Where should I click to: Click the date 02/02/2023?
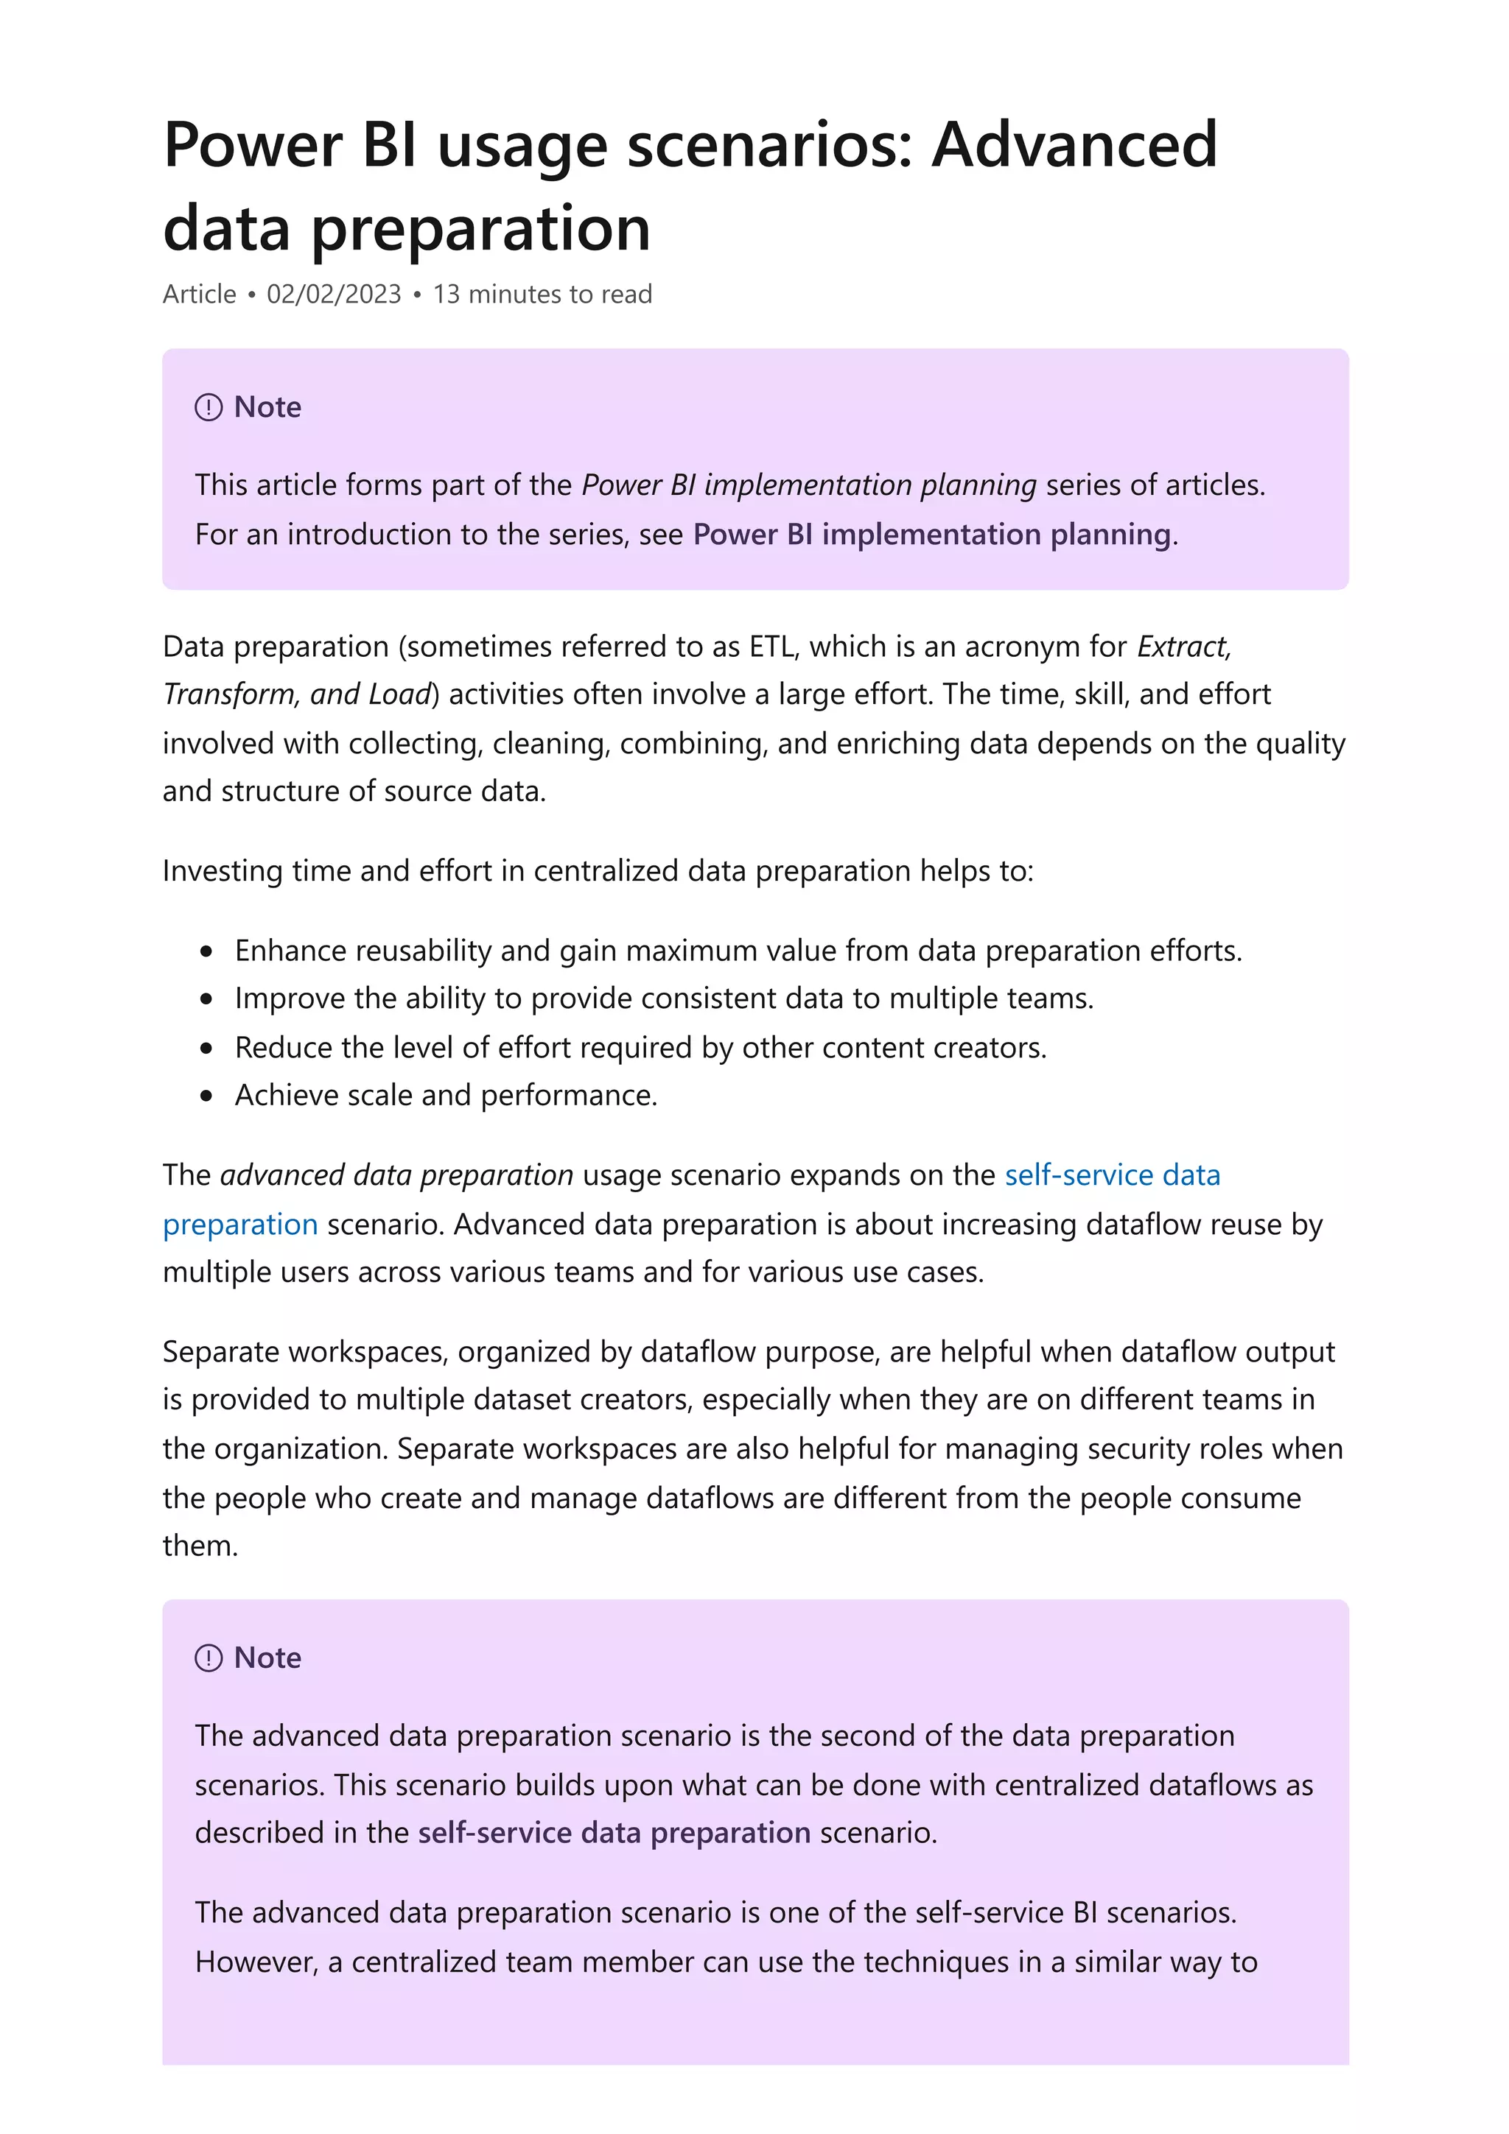click(334, 294)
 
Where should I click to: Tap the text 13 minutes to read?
click(542, 294)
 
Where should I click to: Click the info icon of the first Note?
click(209, 407)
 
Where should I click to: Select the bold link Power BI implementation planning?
click(931, 535)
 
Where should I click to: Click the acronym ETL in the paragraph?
click(771, 646)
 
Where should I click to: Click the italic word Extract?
click(1183, 646)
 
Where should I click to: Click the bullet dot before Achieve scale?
click(206, 1096)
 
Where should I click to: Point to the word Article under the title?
click(199, 294)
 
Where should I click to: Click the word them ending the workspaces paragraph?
click(199, 1545)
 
